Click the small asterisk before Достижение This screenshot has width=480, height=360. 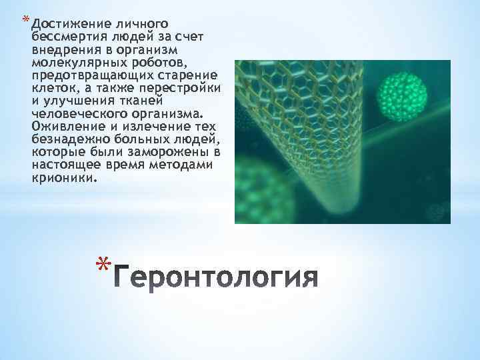(x=25, y=17)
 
